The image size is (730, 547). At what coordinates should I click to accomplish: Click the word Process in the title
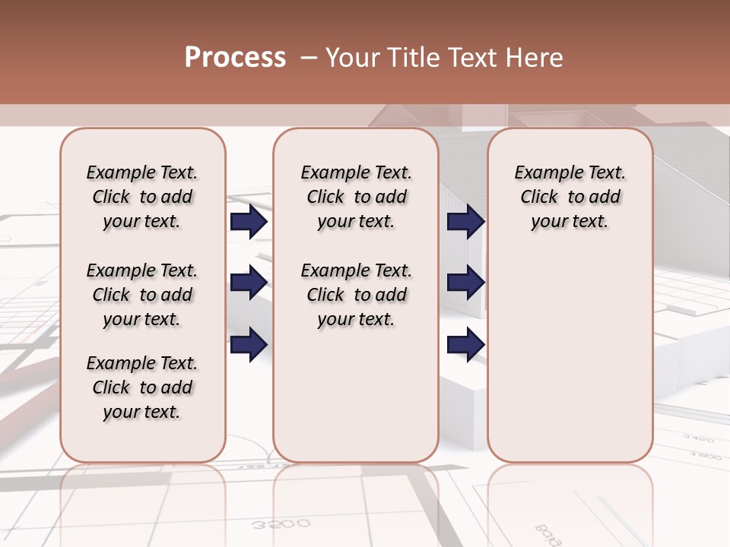(x=235, y=58)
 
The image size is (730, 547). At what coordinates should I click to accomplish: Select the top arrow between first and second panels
(x=249, y=222)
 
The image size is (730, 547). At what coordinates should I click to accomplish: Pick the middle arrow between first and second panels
(x=249, y=283)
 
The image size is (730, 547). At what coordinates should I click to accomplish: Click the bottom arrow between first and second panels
(x=249, y=343)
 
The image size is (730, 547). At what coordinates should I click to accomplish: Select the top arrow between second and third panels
(x=465, y=222)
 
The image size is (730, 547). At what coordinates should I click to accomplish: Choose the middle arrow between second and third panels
(x=465, y=283)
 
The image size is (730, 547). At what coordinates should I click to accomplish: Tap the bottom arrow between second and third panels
(x=465, y=345)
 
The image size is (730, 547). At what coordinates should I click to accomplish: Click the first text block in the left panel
(x=142, y=197)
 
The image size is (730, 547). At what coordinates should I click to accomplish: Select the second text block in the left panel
(x=142, y=295)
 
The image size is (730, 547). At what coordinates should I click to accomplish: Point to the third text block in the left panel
(x=142, y=387)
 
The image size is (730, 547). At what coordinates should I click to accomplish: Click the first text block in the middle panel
(x=356, y=197)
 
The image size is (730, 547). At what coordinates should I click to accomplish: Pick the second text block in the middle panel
(x=356, y=295)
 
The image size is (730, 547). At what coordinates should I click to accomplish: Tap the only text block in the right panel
(x=570, y=197)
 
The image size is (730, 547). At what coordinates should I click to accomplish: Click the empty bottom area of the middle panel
(x=356, y=403)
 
